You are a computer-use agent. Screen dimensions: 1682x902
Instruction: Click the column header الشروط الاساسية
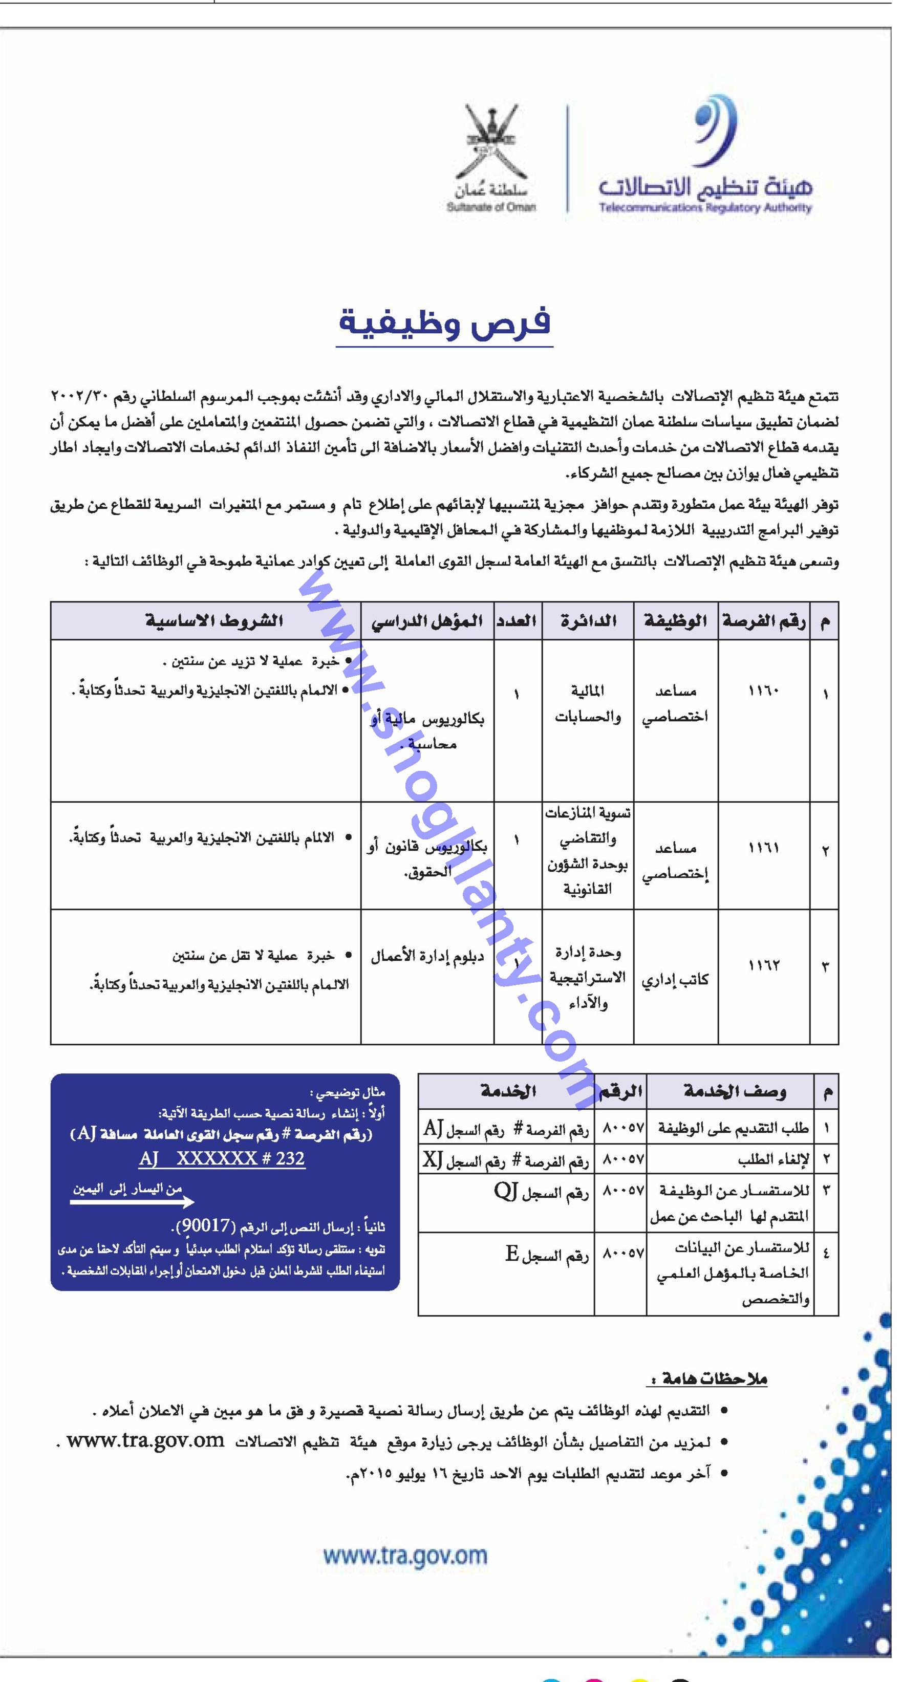(213, 621)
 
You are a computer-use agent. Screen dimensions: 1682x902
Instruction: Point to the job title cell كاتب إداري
(675, 980)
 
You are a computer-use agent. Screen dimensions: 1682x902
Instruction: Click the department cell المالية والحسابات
(587, 704)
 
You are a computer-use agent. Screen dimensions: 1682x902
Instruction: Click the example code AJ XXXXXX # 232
(222, 1159)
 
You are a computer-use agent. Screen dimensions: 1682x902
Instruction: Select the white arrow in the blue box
(132, 1202)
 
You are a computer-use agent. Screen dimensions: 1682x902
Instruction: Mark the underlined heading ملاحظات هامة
(706, 1379)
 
